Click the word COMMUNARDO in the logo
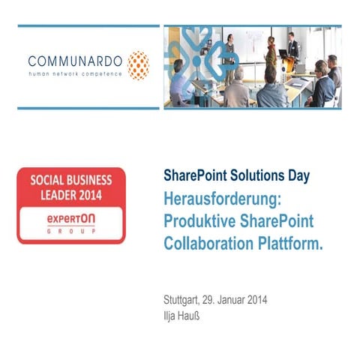75,60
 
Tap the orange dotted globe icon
138,65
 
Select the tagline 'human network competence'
75,74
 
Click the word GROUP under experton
71,232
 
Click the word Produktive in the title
197,222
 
